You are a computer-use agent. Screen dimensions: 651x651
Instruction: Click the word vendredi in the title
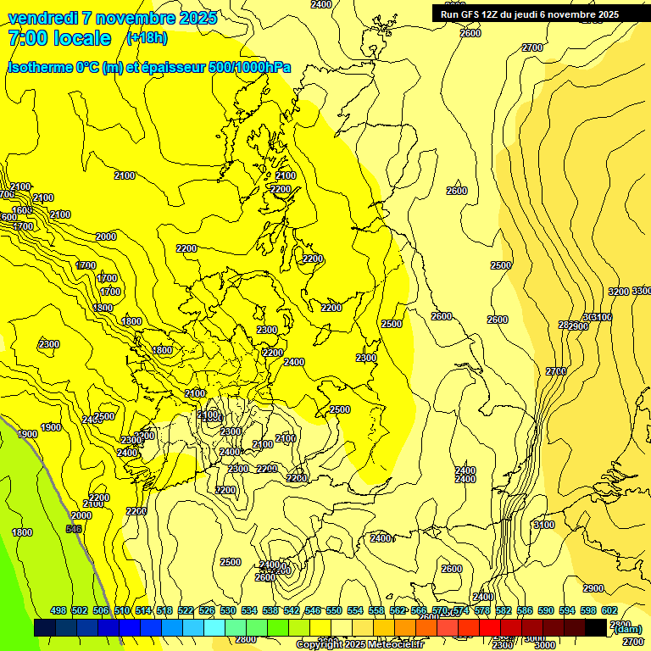coord(44,18)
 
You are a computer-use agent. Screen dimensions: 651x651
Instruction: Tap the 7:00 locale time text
coord(59,38)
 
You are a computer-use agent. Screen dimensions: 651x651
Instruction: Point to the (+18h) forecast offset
coord(147,38)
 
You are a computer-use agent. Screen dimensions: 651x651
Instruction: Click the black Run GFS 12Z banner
coord(541,14)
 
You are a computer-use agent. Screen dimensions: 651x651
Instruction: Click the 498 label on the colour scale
coord(58,610)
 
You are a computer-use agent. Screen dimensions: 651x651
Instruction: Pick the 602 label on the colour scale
coord(609,610)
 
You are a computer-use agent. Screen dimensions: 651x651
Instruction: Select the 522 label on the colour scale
coord(186,610)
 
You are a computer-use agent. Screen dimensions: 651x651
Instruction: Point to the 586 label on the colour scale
coord(525,610)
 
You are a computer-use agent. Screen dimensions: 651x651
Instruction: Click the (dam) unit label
coord(627,629)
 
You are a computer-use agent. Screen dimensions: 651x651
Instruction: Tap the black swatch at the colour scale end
coord(596,627)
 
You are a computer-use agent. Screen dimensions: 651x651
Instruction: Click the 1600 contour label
coord(22,210)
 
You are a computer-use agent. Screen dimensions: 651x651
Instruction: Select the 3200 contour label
coord(619,292)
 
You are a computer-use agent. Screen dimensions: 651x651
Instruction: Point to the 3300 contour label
coord(642,291)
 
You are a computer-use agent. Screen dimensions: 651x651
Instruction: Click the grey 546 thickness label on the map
coord(74,529)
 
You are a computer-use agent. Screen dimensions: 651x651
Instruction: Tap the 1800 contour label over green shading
coord(22,532)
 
